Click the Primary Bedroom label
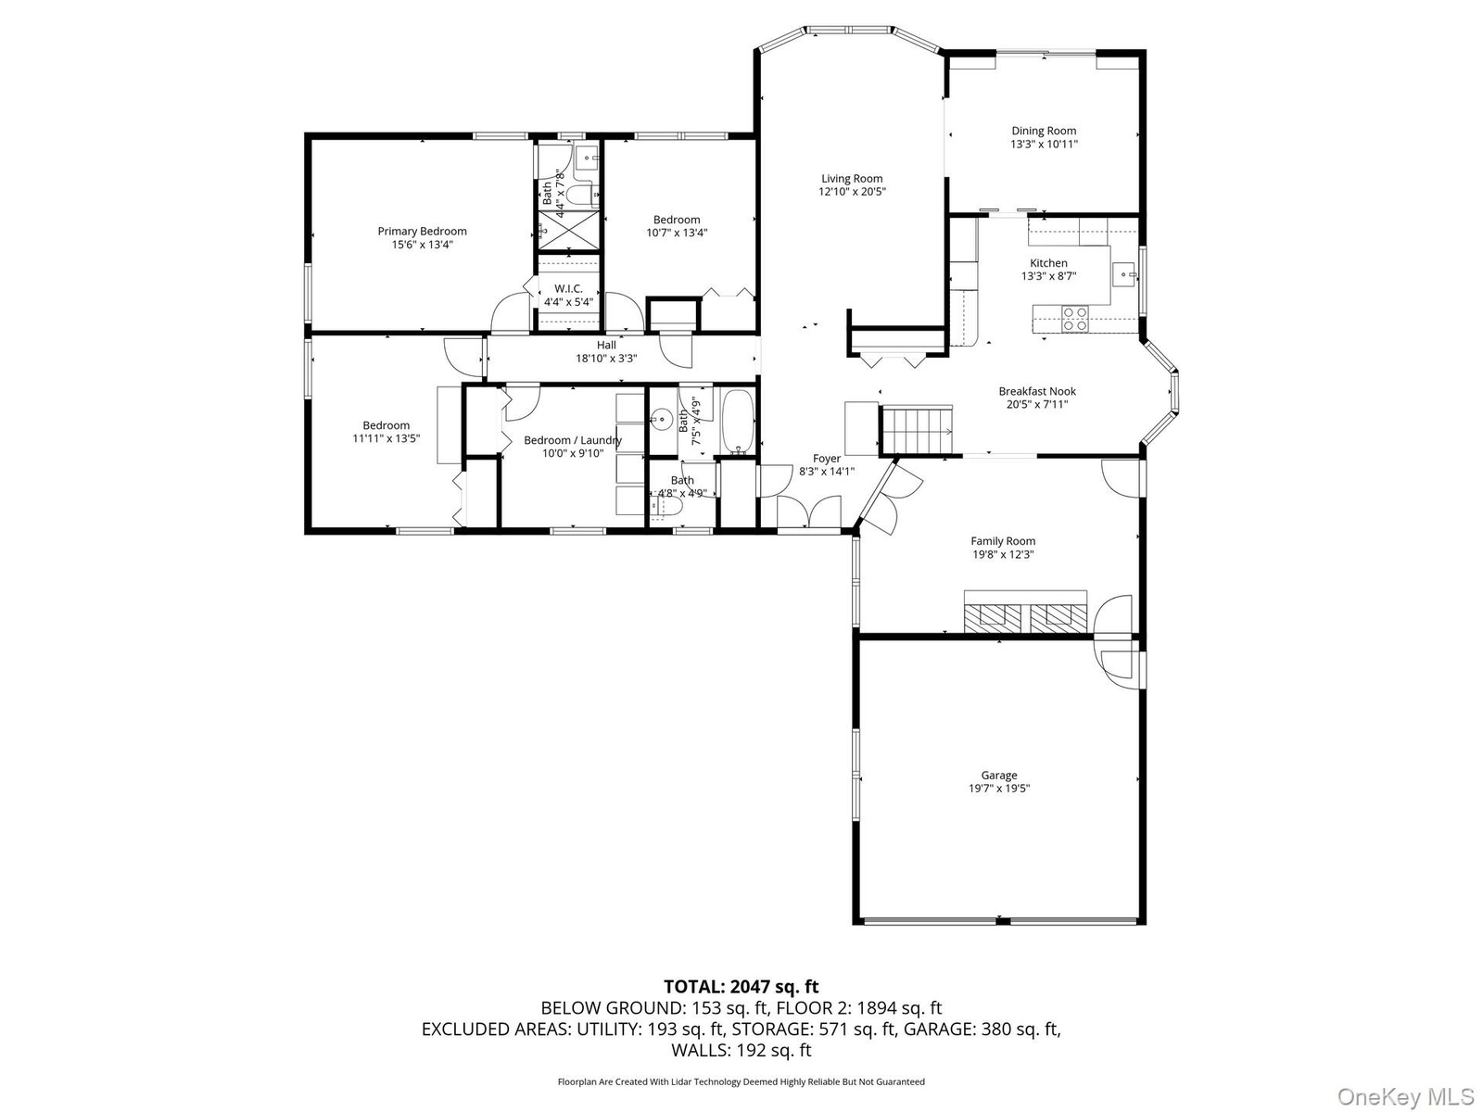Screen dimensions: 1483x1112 422,232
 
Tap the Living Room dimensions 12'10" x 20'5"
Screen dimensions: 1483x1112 851,192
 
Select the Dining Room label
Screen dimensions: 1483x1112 1043,131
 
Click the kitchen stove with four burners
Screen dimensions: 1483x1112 1074,319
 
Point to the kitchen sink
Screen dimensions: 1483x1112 1124,275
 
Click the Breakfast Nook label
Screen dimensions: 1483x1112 1037,392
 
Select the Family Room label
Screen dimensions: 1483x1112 1003,541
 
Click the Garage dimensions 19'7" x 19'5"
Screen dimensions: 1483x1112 998,789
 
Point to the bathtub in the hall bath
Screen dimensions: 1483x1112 738,422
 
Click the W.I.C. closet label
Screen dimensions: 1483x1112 568,289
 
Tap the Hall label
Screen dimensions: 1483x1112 606,346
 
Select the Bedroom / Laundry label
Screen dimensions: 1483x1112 573,441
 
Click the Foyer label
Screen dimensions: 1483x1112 827,459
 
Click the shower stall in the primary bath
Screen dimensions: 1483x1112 568,230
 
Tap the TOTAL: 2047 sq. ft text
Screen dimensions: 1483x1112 741,987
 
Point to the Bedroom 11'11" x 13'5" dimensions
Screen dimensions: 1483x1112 386,439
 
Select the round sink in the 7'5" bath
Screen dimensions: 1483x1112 662,420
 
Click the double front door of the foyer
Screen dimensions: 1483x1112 809,512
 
